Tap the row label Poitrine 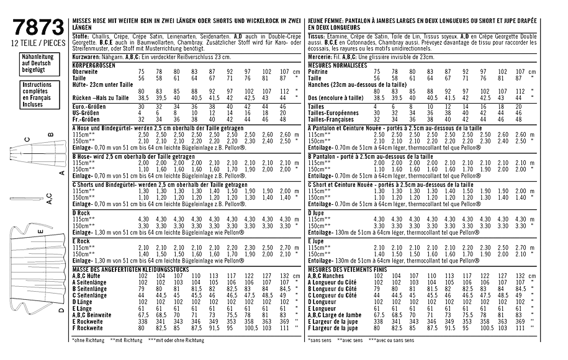(x=318, y=72)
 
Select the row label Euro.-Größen (x=89, y=106)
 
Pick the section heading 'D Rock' (x=82, y=212)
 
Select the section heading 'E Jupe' (x=316, y=240)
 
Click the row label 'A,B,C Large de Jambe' (x=336, y=315)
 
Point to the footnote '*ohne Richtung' (x=88, y=340)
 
